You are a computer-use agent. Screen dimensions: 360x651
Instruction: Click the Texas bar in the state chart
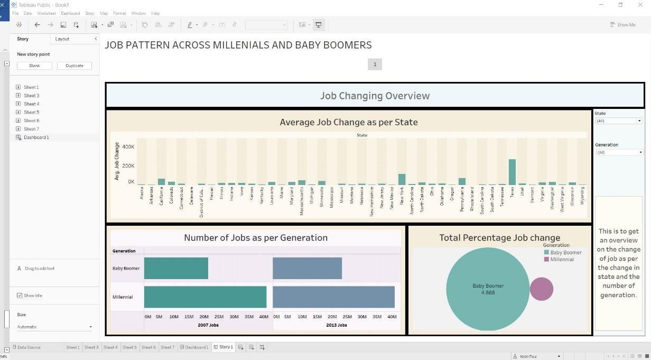tap(512, 172)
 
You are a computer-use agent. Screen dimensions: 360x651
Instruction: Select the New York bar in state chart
tap(402, 180)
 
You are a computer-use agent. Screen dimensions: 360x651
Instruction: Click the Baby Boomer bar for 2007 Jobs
tap(176, 269)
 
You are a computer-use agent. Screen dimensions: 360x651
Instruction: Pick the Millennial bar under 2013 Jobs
tap(333, 297)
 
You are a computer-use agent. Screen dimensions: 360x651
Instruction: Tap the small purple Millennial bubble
tap(541, 289)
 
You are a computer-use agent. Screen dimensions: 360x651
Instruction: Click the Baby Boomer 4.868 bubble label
tap(488, 289)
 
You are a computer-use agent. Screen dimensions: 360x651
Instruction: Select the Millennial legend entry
tap(561, 260)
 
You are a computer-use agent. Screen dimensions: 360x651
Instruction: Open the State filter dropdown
tap(618, 121)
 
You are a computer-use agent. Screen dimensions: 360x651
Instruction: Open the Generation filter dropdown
tap(618, 152)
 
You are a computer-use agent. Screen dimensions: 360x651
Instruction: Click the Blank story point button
tap(34, 66)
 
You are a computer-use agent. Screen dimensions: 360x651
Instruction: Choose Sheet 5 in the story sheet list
tap(31, 112)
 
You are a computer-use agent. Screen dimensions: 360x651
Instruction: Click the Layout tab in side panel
tap(62, 39)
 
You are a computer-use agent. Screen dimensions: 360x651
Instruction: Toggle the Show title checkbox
tap(20, 296)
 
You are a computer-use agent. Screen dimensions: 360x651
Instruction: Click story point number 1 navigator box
tap(375, 64)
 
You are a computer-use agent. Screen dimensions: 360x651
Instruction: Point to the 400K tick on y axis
tap(128, 146)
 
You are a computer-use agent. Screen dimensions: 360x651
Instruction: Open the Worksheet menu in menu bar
tap(46, 13)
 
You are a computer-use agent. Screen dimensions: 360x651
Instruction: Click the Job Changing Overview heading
tap(375, 96)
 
